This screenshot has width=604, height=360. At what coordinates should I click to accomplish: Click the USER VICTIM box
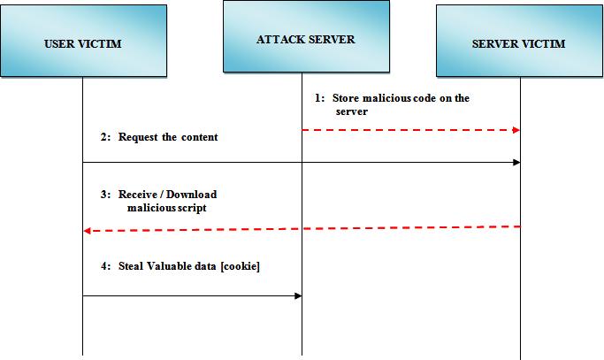pos(83,42)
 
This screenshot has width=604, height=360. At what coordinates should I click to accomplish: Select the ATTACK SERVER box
pos(304,38)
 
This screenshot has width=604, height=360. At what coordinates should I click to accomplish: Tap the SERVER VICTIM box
pos(519,42)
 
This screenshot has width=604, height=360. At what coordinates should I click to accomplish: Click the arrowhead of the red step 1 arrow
pos(516,130)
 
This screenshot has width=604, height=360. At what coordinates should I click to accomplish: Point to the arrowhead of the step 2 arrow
pos(516,162)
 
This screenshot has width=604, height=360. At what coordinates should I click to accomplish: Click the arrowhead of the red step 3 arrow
pos(87,231)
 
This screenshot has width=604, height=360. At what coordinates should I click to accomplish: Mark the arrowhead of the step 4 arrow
pos(298,296)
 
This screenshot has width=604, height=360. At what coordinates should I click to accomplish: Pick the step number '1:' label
pos(320,98)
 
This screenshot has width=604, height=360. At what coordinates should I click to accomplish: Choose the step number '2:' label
pos(105,137)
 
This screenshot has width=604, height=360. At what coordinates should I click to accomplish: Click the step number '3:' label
pos(105,195)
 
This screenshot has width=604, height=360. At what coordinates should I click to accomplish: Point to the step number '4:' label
pos(105,266)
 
